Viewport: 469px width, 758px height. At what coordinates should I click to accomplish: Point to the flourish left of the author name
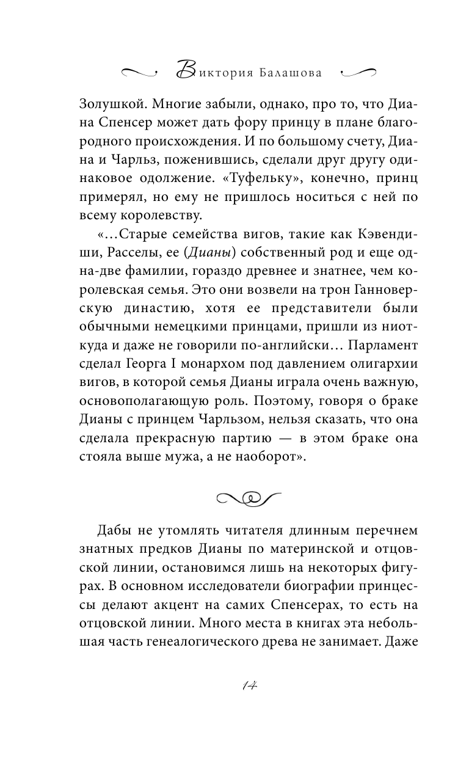point(140,72)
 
